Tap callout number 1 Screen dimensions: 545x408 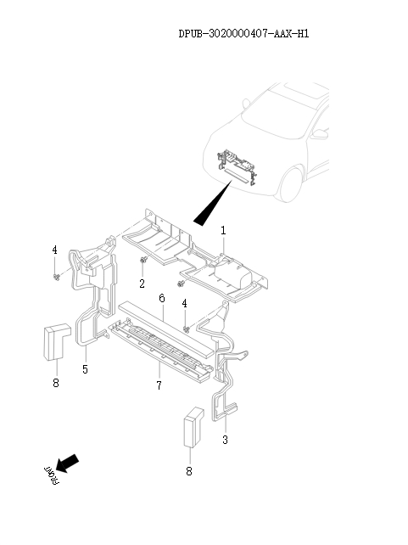223,230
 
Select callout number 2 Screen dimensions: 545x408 143,284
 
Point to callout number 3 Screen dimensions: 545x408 225,440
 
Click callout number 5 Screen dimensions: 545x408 85,369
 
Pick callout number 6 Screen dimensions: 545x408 160,298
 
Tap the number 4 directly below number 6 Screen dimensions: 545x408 184,304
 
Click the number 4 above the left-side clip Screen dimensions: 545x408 54,250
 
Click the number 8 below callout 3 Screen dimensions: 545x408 189,470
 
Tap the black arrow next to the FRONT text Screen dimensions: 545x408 68,463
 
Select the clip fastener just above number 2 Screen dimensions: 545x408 143,261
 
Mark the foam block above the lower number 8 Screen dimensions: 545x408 191,426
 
